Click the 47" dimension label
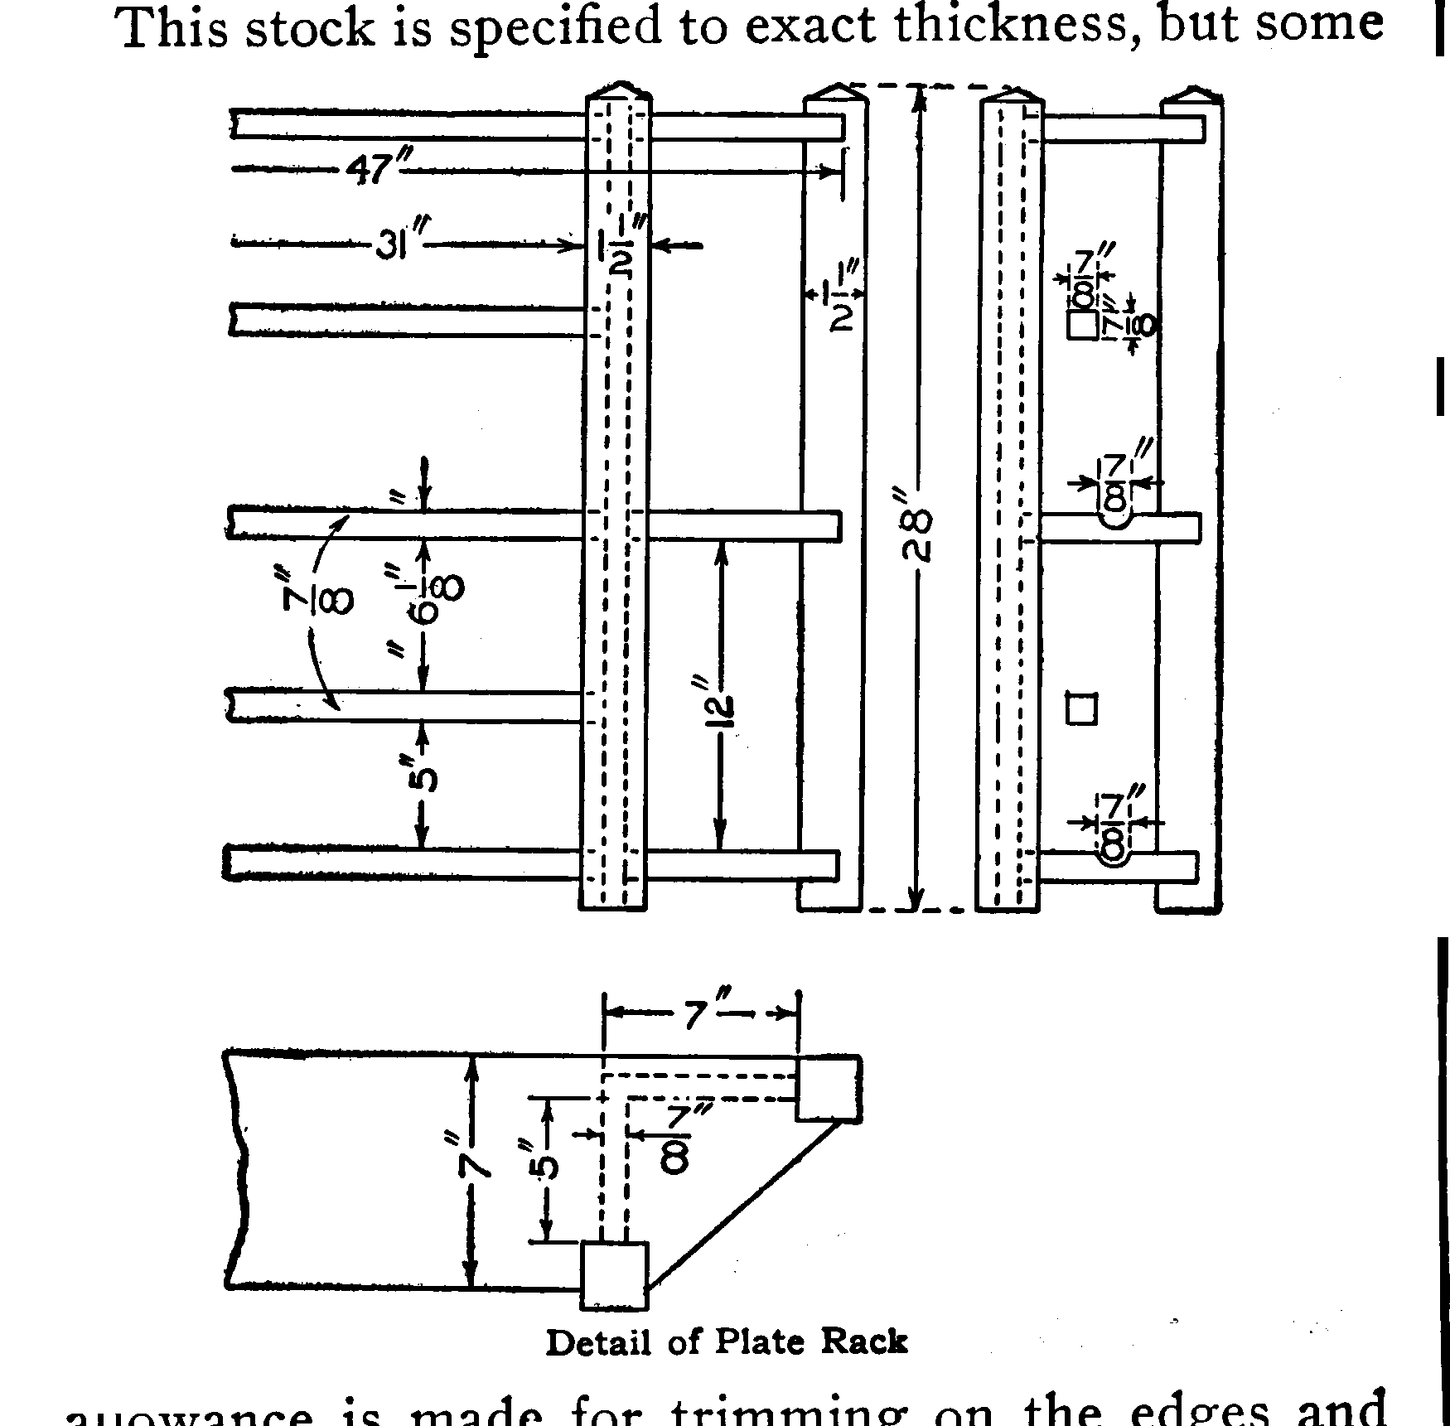point(373,169)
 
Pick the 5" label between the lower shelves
point(423,780)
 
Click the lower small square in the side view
point(1081,709)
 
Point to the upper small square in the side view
point(1082,325)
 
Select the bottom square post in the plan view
point(614,1275)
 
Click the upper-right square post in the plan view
point(829,1087)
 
